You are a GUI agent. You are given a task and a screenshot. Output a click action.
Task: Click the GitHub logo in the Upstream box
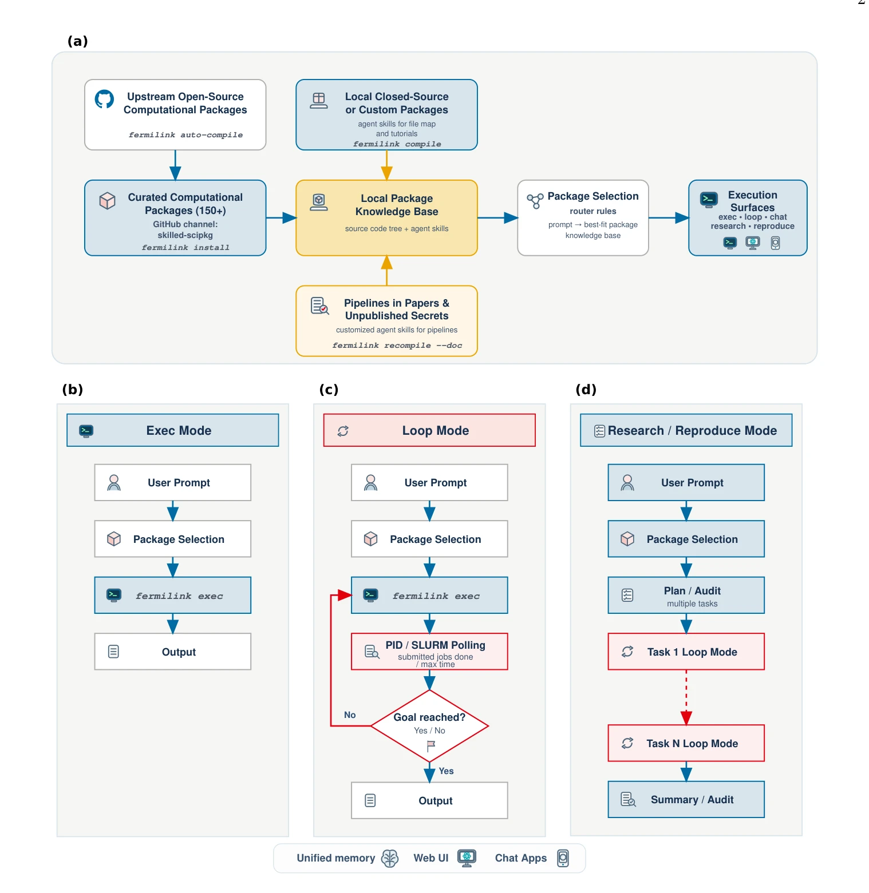pyautogui.click(x=104, y=99)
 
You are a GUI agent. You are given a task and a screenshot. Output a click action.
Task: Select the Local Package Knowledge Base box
pyautogui.click(x=386, y=218)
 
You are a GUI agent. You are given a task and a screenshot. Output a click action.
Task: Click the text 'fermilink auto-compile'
pyautogui.click(x=185, y=135)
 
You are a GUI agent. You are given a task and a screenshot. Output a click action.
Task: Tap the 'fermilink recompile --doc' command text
pyautogui.click(x=397, y=346)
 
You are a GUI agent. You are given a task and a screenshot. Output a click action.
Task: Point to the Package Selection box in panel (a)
pyautogui.click(x=583, y=218)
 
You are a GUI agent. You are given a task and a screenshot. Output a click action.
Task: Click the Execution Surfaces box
pyautogui.click(x=748, y=218)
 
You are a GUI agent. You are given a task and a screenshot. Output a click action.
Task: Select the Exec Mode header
pyautogui.click(x=173, y=430)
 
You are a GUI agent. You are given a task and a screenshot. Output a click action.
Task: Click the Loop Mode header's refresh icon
pyautogui.click(x=343, y=431)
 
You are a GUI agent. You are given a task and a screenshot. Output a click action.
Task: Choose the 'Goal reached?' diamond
pyautogui.click(x=429, y=726)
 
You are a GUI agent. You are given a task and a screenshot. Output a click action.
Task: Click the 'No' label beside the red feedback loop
pyautogui.click(x=350, y=715)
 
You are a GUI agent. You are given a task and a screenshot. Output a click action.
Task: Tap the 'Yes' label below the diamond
pyautogui.click(x=446, y=771)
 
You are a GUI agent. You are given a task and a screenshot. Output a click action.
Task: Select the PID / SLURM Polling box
pyautogui.click(x=429, y=652)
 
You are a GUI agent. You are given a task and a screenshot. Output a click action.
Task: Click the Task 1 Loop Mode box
pyautogui.click(x=686, y=652)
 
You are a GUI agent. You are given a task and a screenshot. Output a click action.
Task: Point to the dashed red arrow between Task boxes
pyautogui.click(x=686, y=697)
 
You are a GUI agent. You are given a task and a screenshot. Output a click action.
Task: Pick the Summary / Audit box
pyautogui.click(x=686, y=799)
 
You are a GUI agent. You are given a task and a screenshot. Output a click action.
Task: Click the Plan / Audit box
pyautogui.click(x=686, y=595)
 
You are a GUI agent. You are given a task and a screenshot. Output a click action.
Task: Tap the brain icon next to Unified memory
pyautogui.click(x=390, y=858)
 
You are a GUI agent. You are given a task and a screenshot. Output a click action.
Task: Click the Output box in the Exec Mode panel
pyautogui.click(x=173, y=652)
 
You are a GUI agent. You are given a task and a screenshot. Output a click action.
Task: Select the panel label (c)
pyautogui.click(x=329, y=390)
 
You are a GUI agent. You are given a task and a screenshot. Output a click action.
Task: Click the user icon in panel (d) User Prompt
pyautogui.click(x=627, y=483)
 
